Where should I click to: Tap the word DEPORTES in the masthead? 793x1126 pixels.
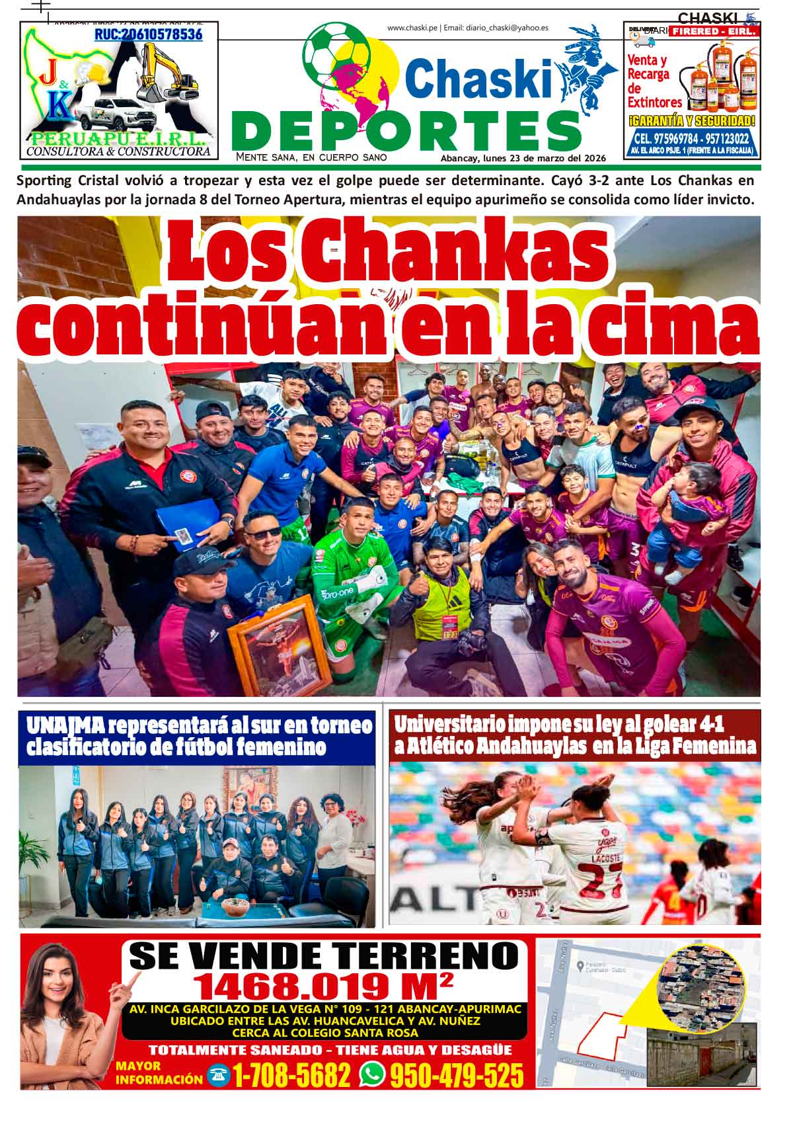point(406,131)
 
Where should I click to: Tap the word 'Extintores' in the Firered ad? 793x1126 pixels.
point(654,102)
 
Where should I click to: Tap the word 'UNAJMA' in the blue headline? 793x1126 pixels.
point(65,725)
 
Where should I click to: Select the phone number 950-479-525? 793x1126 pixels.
point(457,1076)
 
